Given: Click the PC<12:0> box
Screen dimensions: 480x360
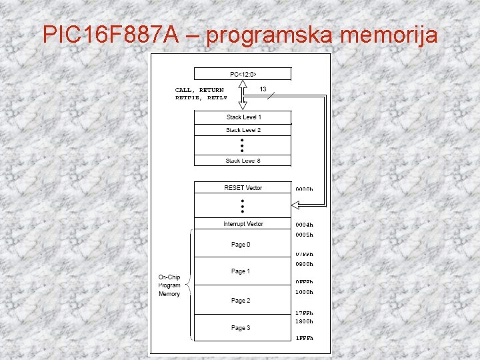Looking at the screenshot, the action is click(243, 73).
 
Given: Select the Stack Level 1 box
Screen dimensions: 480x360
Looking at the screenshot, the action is click(243, 117).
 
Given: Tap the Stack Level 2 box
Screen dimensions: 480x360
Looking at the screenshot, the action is click(243, 130).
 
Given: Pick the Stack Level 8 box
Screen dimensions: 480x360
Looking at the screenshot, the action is click(243, 160).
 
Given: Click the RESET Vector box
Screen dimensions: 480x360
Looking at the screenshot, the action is click(243, 188).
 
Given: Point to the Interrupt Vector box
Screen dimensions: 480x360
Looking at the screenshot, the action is click(243, 224).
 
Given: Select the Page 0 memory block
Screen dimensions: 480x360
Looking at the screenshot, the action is click(241, 245).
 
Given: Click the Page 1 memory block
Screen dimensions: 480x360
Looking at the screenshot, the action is click(241, 271).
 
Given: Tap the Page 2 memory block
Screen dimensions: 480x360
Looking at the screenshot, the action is click(241, 301).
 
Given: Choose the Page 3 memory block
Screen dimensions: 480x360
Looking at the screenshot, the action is click(241, 328).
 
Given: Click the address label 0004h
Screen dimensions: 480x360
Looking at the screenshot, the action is click(304, 225).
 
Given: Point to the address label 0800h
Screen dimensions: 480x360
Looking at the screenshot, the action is click(304, 264).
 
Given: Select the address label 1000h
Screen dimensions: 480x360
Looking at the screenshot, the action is click(304, 292).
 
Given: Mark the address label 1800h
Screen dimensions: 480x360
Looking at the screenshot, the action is click(304, 321).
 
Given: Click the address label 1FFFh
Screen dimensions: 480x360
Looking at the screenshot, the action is click(304, 338).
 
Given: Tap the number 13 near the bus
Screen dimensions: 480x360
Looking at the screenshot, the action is click(263, 89).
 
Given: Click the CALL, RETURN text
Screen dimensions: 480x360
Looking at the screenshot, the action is click(199, 89).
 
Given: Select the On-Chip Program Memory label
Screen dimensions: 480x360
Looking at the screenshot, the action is click(169, 285).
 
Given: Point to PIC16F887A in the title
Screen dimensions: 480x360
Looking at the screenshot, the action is click(110, 35).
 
